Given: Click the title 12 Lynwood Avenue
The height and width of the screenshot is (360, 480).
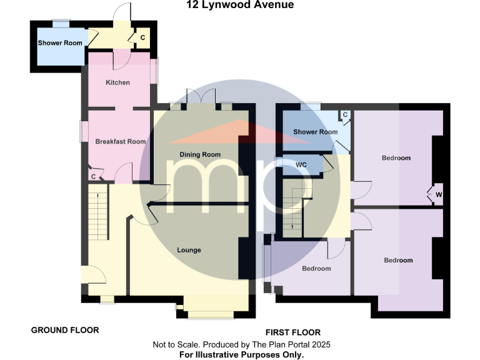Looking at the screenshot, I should pos(240,6).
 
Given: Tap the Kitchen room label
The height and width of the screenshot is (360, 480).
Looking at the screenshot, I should pos(117,82).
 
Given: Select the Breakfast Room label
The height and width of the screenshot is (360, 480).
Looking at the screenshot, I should pos(120,142).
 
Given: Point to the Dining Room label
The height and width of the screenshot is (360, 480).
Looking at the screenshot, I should pos(200,154).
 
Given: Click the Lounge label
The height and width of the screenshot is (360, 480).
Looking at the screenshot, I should pos(189,250).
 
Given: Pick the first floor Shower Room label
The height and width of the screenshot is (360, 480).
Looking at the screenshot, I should pos(315,132).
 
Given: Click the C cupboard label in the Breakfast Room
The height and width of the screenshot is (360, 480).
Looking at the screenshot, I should pos(93,177).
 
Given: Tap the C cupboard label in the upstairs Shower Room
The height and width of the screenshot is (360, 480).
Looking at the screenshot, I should pos(344,116).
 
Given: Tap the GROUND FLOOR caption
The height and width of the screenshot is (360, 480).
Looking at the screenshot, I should pos(65,330).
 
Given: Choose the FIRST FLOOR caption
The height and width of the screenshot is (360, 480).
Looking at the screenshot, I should pos(293,332).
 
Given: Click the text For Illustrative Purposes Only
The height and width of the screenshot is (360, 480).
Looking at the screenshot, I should pos(241,354).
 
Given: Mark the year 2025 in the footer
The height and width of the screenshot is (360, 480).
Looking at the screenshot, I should pos(319,344).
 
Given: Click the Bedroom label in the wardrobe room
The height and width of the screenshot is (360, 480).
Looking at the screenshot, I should pos(396,158).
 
